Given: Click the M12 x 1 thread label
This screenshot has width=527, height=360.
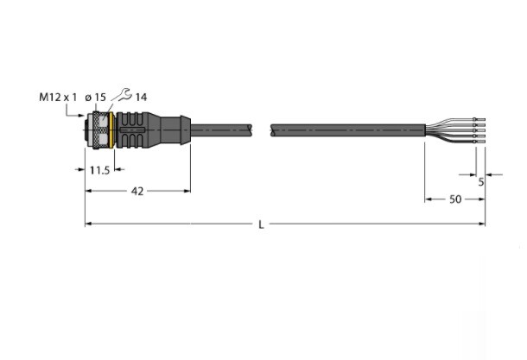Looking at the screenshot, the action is click(x=58, y=98).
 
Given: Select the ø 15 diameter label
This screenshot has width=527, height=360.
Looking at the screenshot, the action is click(x=95, y=98).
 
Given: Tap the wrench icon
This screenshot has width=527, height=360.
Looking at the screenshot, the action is click(x=123, y=95).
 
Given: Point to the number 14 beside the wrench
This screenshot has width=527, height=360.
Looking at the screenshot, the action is click(x=141, y=98).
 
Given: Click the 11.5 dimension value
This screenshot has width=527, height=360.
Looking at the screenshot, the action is click(x=100, y=171).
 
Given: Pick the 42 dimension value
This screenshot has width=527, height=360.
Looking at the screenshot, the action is click(x=137, y=192).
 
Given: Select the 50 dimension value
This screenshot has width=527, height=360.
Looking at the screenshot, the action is click(x=455, y=199).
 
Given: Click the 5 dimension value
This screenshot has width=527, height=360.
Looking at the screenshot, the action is click(x=481, y=182).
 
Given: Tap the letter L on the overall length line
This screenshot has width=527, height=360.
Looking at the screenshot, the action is click(x=261, y=224).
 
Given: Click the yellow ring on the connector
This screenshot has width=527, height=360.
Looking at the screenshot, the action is click(x=111, y=130).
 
